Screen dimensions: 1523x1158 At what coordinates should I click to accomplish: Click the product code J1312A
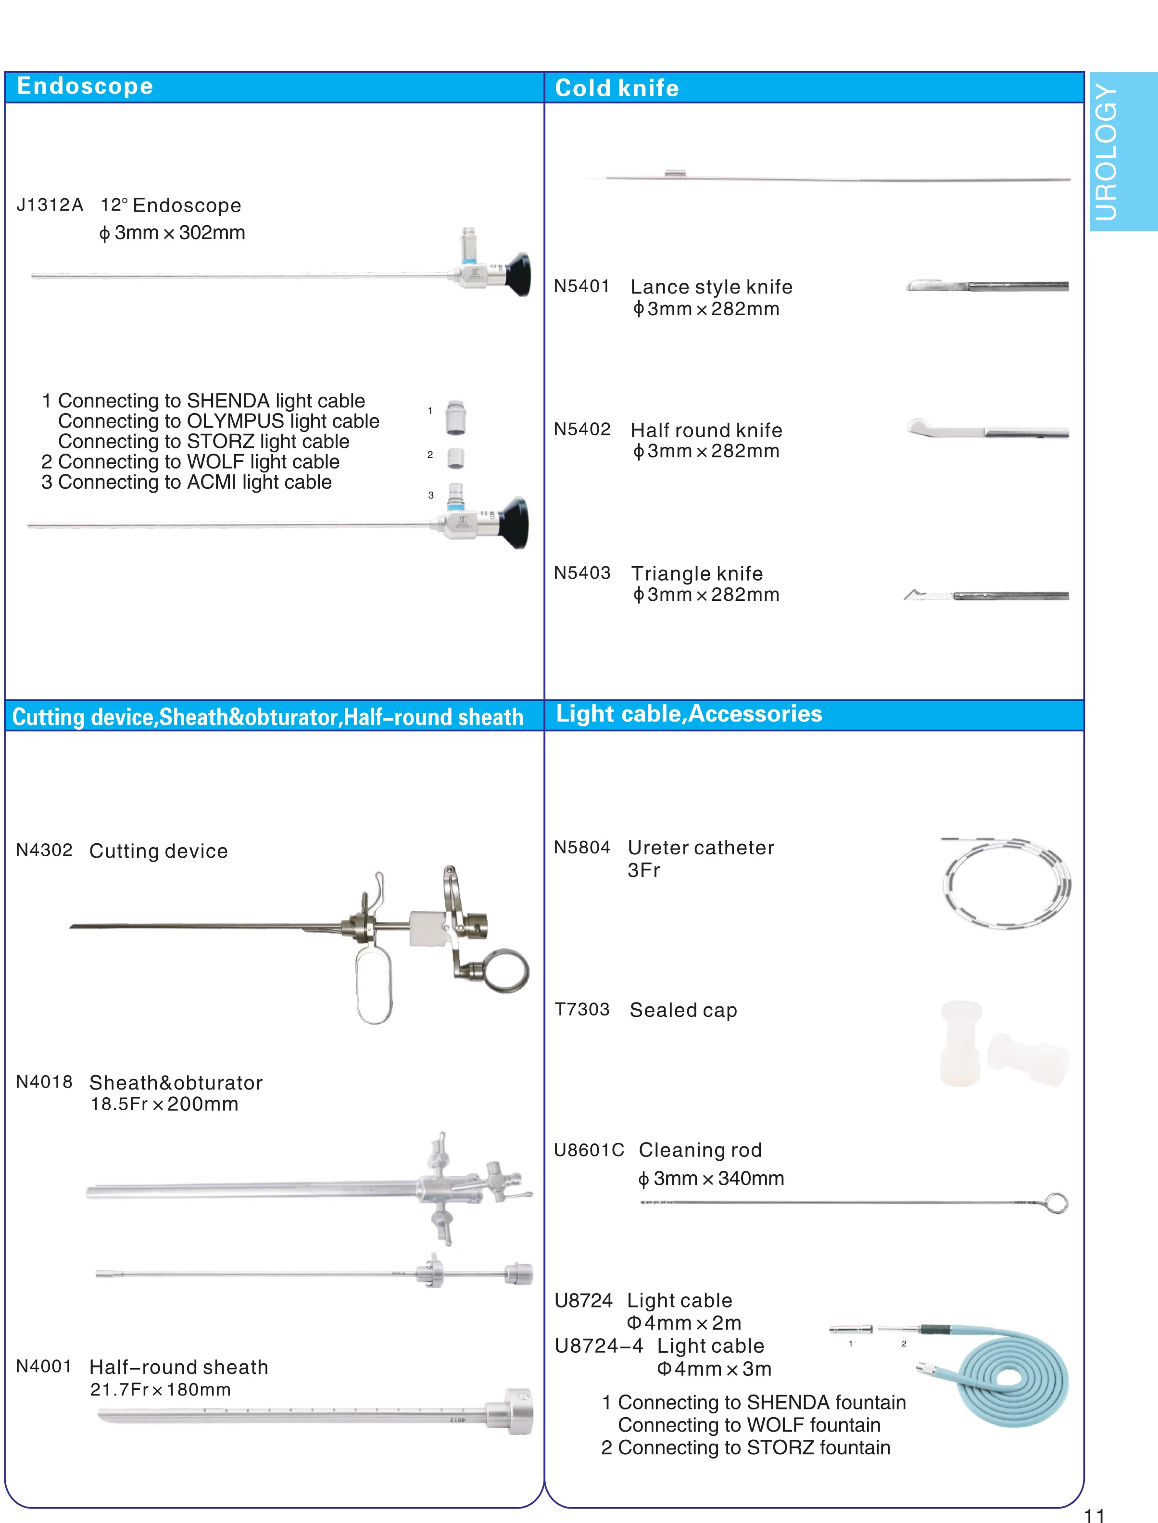tap(50, 205)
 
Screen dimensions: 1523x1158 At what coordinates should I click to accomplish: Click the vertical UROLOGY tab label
tap(1105, 152)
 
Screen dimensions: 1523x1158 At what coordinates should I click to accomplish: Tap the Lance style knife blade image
tap(937, 285)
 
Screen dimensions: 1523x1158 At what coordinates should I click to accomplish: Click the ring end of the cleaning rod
tap(1057, 1203)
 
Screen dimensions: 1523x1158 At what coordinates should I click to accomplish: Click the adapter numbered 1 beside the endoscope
tap(455, 417)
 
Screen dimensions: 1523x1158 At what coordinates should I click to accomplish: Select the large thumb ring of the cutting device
tap(507, 971)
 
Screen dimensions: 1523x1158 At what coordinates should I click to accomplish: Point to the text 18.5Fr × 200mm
tap(164, 1104)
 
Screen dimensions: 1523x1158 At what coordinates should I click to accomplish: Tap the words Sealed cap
tap(683, 1010)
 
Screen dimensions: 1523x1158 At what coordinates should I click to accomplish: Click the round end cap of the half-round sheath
tap(510, 1412)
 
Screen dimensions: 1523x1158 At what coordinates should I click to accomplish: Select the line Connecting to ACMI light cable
tap(186, 482)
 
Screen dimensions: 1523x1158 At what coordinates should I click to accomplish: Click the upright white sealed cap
tap(961, 1043)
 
